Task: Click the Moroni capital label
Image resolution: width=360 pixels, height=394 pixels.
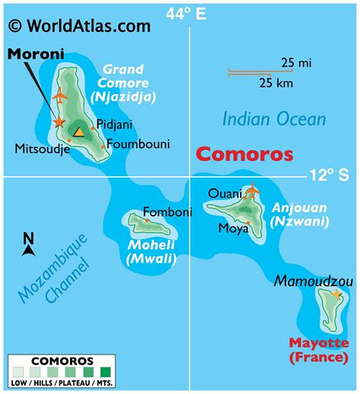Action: [36, 54]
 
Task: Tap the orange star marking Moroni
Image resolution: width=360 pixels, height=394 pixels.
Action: [58, 121]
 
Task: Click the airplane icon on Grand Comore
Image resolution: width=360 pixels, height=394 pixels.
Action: [61, 96]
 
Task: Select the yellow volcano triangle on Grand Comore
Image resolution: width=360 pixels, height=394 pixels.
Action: [77, 131]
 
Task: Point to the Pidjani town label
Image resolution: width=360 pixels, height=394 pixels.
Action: [114, 125]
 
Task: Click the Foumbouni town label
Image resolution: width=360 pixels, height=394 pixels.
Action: [138, 143]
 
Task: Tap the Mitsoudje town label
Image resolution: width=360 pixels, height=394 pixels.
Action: [43, 149]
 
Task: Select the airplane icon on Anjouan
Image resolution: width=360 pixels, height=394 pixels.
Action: [251, 191]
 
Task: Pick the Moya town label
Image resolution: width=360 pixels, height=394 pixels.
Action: [233, 227]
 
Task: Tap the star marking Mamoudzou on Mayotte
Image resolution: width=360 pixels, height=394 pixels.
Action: [336, 294]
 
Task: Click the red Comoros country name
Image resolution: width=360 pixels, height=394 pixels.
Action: [244, 154]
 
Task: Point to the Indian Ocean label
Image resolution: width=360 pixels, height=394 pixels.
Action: [273, 118]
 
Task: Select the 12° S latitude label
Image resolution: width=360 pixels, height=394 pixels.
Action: [329, 175]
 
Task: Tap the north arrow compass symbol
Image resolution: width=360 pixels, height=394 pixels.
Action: [28, 244]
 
